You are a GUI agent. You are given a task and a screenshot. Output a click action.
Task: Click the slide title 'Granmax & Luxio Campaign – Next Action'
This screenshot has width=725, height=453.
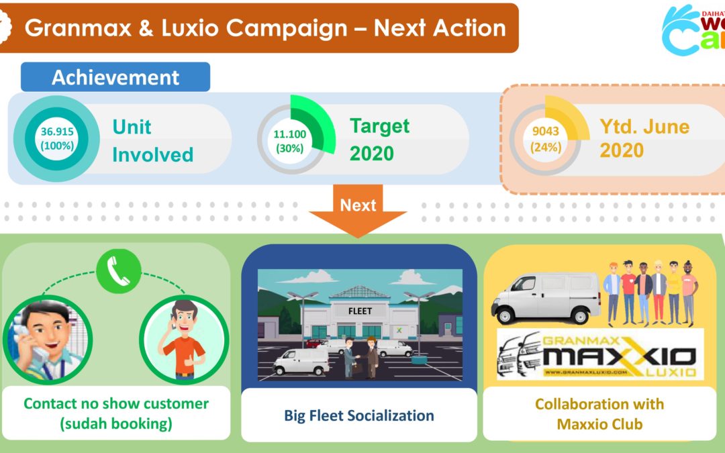tap(265, 28)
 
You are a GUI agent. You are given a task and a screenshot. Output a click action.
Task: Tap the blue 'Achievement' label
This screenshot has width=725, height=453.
tap(115, 77)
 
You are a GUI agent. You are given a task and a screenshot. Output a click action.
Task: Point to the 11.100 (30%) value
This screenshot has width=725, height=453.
tap(289, 141)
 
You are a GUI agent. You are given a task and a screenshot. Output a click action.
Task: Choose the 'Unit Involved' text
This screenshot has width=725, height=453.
tap(152, 141)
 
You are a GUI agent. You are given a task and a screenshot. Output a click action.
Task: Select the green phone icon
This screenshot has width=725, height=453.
tap(118, 271)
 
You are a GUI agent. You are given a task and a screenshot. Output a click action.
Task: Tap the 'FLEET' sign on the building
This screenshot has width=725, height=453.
tap(360, 311)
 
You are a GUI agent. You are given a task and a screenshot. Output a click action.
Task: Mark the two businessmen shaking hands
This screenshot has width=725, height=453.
tap(361, 357)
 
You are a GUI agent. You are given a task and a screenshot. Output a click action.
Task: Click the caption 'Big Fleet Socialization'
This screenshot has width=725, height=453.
tap(358, 415)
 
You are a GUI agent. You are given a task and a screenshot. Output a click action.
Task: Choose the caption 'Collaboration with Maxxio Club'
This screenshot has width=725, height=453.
tap(599, 413)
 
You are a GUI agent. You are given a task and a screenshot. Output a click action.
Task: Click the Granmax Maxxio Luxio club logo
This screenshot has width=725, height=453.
tap(600, 354)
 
